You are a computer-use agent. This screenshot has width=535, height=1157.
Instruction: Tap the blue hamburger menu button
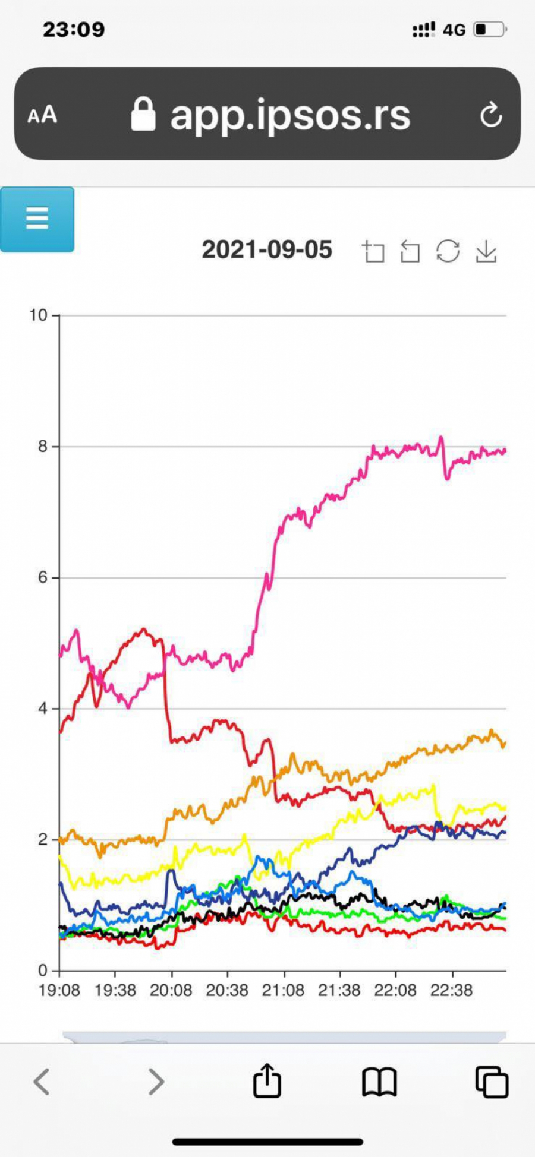pos(37,219)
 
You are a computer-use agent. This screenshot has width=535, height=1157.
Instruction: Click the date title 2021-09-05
pos(267,250)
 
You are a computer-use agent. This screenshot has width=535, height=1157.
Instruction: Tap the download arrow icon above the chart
pos(486,251)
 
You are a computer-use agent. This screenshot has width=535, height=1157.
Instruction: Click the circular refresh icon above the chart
pos(448,251)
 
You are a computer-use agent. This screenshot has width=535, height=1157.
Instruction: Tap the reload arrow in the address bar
pos(491,115)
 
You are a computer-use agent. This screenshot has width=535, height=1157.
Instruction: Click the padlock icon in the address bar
pos(143,115)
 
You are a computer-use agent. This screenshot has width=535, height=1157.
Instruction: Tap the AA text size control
pos(42,115)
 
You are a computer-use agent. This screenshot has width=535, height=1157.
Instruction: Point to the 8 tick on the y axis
pos(43,447)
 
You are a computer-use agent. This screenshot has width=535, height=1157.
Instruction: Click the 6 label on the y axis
pos(43,577)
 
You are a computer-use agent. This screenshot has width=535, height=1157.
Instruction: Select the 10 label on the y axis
pos(39,315)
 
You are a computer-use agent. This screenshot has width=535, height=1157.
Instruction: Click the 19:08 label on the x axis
pos(59,991)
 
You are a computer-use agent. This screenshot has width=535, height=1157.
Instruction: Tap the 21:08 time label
pos(283,991)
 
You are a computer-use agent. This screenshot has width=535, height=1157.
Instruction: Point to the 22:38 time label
pos(452,991)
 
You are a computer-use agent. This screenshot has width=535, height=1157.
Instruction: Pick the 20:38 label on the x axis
pos(227,991)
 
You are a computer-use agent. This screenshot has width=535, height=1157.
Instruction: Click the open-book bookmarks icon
pos(379,1082)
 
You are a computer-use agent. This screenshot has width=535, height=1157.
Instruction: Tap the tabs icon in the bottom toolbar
pos(492,1082)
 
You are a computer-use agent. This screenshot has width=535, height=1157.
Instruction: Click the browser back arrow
pos(42,1082)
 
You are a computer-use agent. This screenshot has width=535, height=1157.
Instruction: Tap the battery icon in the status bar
pos(490,29)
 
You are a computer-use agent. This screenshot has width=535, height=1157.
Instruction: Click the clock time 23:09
pos(74,29)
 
